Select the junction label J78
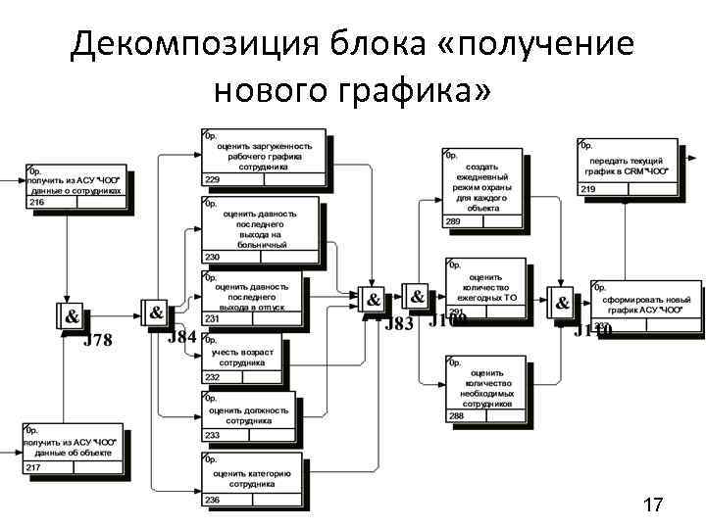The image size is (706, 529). coord(97,341)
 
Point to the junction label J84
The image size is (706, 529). coord(181,337)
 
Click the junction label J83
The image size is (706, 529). coord(399,324)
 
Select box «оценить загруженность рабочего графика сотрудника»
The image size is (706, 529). coord(264,157)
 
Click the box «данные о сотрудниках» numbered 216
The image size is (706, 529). coord(76,180)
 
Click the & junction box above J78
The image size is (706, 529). coord(72,316)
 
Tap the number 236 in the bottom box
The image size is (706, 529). coord(213,500)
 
